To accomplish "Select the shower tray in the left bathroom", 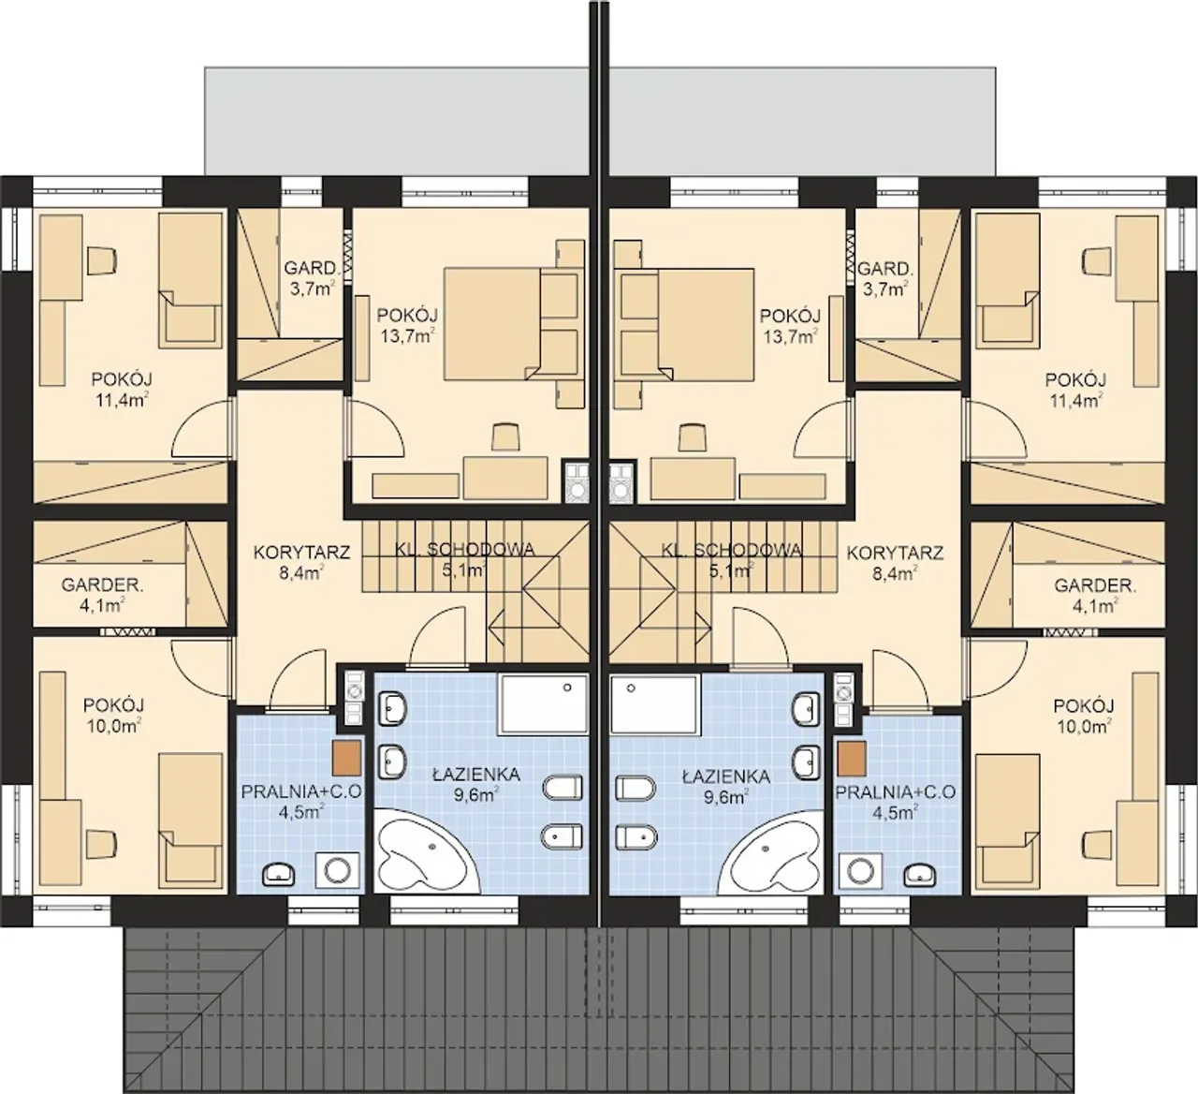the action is [543, 703].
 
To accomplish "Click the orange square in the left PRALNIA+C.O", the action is [347, 758].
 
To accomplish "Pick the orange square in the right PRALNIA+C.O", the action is [852, 758].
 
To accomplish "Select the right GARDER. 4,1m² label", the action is [1095, 595].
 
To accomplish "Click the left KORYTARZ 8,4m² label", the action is [301, 562].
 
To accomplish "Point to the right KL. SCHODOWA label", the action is [731, 550].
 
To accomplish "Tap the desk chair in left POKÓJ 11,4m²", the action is [101, 261].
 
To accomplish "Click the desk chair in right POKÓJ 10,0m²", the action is [1097, 844].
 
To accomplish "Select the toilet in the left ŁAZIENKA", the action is [563, 788].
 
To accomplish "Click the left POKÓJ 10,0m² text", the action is [113, 716].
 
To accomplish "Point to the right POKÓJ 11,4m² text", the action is [1075, 390].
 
